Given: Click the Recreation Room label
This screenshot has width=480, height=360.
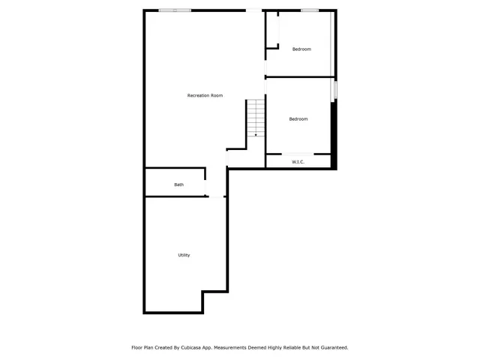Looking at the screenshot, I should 205,95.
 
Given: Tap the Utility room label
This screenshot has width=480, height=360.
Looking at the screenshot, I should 184,255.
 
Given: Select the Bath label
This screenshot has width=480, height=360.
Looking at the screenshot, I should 178,184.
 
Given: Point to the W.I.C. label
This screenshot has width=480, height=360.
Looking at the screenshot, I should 298,161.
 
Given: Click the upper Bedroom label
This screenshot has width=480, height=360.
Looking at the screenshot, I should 301,49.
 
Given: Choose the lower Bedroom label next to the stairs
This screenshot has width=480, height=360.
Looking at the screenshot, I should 298,119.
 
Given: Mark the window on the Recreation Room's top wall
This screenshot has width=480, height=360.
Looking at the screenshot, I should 175,10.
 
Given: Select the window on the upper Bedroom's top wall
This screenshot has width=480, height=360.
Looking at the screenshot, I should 309,10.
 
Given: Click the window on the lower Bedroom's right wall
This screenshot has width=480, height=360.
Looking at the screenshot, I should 335,89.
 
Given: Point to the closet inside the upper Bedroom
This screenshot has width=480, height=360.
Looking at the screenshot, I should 272,30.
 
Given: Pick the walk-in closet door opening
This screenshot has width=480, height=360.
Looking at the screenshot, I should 298,154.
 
